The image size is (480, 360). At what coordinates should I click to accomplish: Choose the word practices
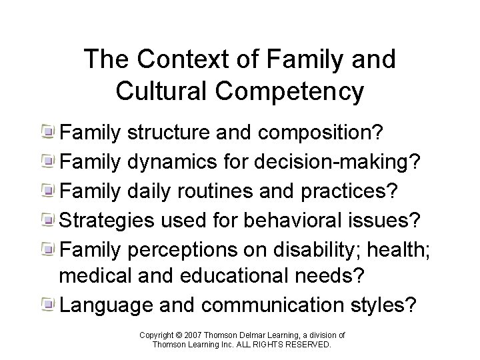(357, 190)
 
